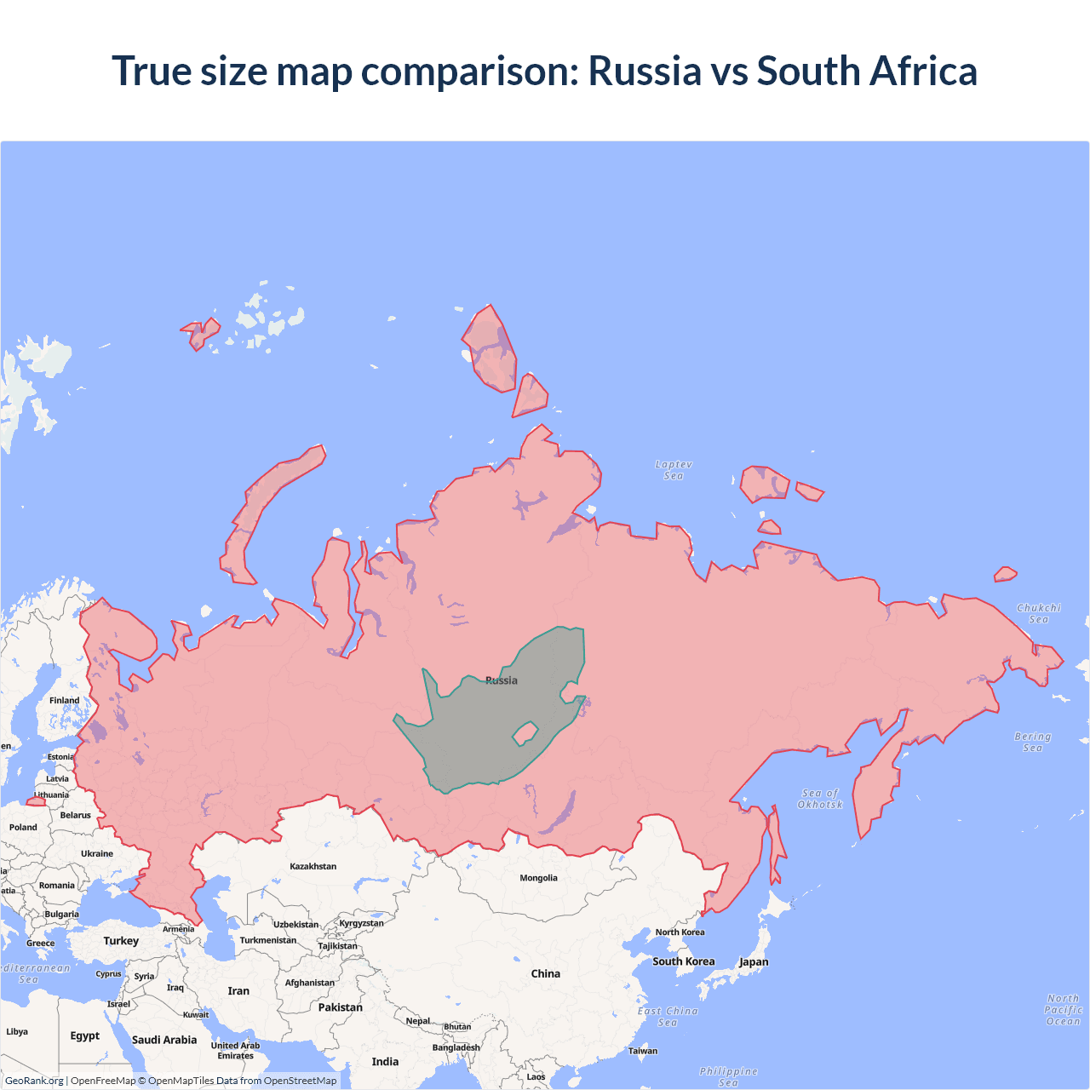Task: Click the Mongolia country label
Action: (x=538, y=878)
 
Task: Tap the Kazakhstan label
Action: (x=313, y=866)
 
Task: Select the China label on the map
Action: (x=545, y=973)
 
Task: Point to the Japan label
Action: (x=754, y=962)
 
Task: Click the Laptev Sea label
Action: (x=674, y=470)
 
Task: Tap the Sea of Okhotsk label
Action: (x=820, y=799)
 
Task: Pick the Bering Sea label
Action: (x=1032, y=742)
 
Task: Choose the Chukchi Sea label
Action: (x=1038, y=613)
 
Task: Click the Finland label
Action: (x=64, y=700)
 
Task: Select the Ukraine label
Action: (x=97, y=853)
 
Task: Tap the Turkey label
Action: (x=121, y=941)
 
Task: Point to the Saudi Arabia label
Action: (x=164, y=1040)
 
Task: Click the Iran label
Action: (x=238, y=991)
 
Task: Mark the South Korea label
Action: (x=684, y=961)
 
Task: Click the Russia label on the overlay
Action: (x=502, y=680)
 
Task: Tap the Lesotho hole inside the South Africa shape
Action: (x=525, y=732)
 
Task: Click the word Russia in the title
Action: (x=645, y=71)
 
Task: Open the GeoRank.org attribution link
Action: (x=34, y=1081)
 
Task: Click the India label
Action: (x=385, y=1061)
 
